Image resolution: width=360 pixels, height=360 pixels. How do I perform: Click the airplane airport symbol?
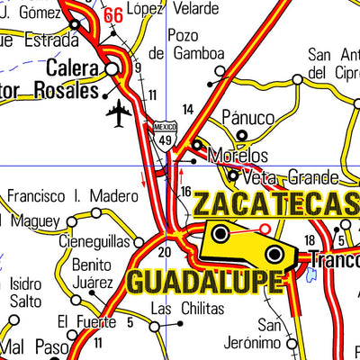pos(118,113)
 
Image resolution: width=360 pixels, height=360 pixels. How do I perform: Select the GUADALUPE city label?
pos(202,281)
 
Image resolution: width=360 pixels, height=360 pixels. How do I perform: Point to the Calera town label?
pos(66,69)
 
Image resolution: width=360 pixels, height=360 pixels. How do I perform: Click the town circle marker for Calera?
pos(112,69)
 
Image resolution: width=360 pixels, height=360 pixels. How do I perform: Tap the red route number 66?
pos(113,15)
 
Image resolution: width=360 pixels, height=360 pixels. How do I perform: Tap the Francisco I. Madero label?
pos(61,195)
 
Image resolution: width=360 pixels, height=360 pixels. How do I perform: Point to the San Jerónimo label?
pos(269,333)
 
